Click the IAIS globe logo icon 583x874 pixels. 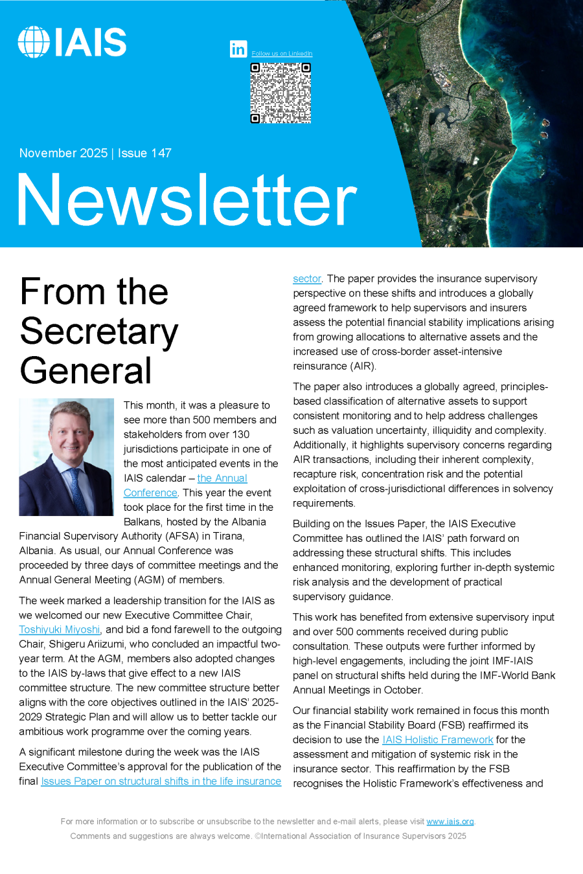(x=34, y=42)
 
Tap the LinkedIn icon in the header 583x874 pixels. (x=238, y=49)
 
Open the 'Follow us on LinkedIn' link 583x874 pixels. (x=282, y=54)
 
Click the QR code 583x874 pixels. (x=280, y=93)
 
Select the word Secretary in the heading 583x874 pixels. (x=99, y=331)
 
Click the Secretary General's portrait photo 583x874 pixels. (x=66, y=457)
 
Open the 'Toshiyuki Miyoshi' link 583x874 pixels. (x=60, y=630)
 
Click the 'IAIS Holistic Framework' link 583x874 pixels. (x=437, y=740)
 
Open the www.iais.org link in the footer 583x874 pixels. (x=450, y=822)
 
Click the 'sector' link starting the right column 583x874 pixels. (x=306, y=279)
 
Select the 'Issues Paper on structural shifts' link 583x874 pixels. (x=161, y=781)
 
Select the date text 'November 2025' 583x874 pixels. (x=63, y=153)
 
